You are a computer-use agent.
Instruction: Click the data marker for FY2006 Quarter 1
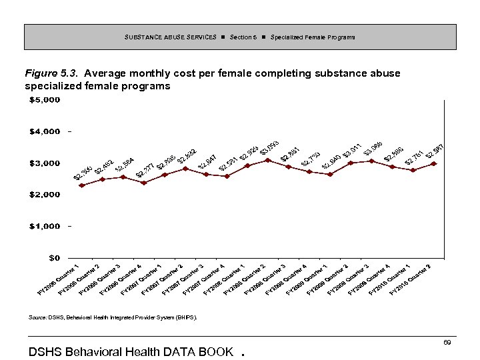pyautogui.click(x=81, y=185)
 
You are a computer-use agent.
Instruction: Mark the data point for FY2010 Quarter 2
pyautogui.click(x=434, y=163)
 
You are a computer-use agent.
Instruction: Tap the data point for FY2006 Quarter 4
pyautogui.click(x=143, y=183)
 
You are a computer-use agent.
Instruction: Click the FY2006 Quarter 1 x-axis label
pyautogui.click(x=59, y=278)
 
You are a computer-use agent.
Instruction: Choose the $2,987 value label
pyautogui.click(x=435, y=152)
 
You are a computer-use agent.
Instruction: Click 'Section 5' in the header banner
pyautogui.click(x=243, y=37)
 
